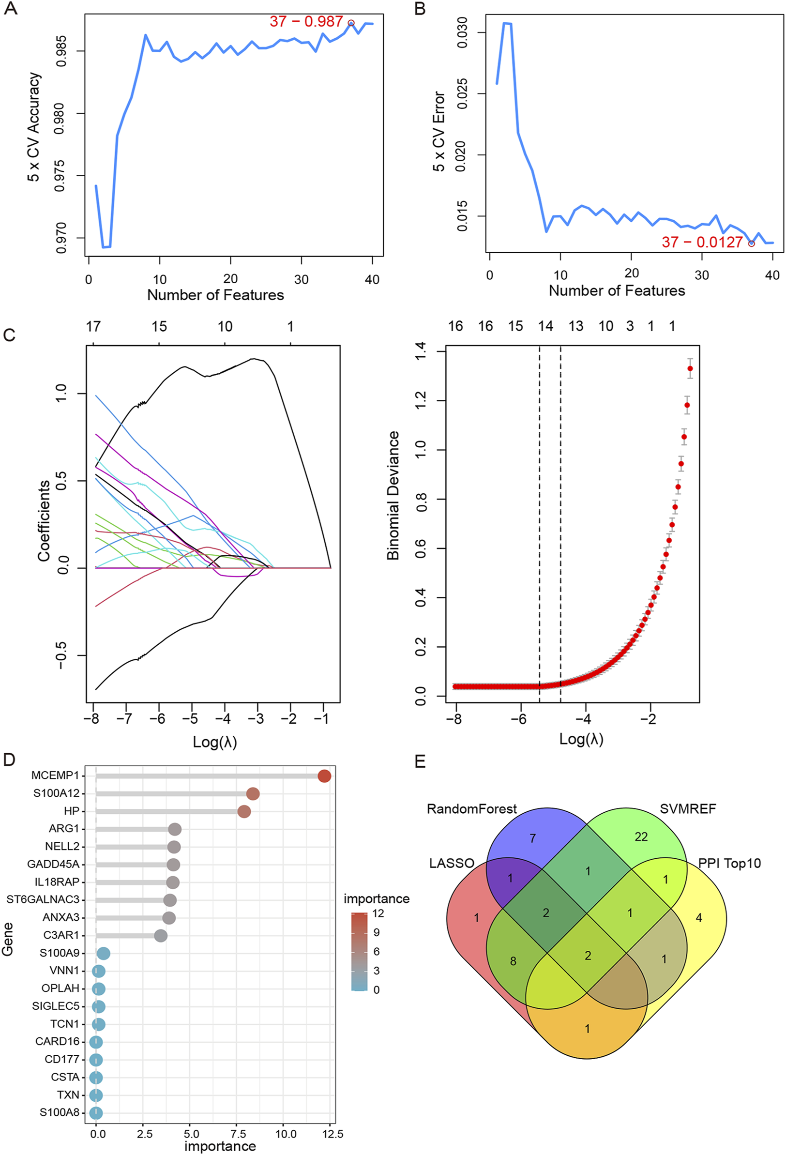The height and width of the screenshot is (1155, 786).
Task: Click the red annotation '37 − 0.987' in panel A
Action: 305,22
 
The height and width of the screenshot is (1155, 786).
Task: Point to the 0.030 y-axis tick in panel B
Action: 462,33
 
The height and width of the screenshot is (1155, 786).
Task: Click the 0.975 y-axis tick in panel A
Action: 60,176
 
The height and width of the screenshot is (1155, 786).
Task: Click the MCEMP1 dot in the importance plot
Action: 324,776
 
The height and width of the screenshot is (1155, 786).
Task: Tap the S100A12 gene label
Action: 56,794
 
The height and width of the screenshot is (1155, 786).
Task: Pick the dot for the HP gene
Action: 244,812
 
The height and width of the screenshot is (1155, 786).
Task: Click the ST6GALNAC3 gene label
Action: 43,899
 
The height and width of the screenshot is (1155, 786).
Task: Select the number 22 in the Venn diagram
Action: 641,837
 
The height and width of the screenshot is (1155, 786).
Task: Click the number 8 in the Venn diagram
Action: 513,961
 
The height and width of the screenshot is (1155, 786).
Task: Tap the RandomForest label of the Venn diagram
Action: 471,809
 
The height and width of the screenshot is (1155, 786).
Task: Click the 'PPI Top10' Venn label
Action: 729,863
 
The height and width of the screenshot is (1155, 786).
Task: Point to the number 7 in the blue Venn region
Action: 532,839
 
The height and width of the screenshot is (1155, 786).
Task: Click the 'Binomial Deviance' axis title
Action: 393,496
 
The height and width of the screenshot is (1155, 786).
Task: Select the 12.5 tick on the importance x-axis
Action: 333,1134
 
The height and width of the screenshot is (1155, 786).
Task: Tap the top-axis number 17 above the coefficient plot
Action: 93,327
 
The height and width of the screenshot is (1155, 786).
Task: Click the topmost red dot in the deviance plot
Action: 690,368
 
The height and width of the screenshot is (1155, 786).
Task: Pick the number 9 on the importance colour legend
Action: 376,932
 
